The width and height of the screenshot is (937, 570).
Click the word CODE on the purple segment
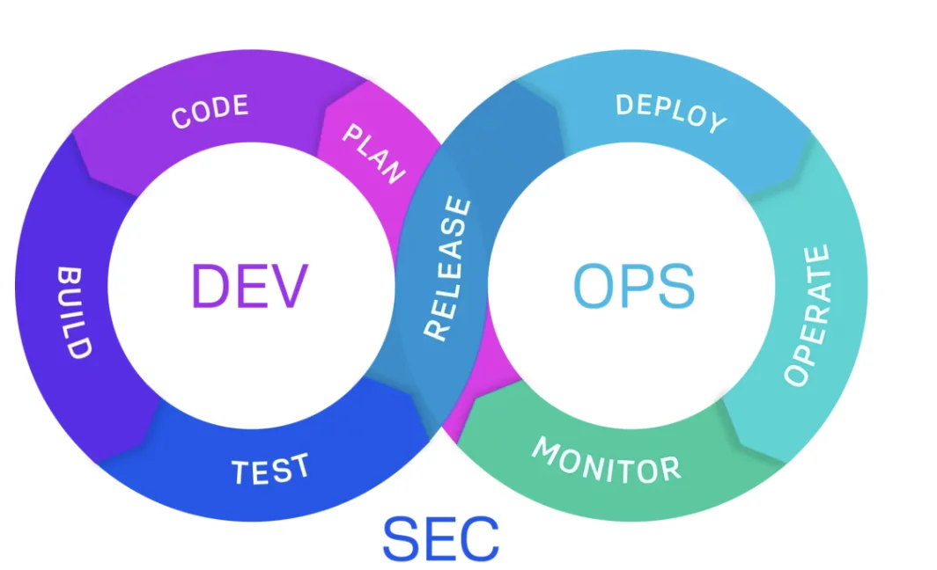coord(210,112)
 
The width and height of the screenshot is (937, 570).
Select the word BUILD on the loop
coord(74,311)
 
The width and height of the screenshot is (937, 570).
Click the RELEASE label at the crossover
coord(448,268)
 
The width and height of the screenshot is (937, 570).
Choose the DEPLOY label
coord(671,113)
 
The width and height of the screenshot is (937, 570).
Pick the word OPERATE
coord(808,315)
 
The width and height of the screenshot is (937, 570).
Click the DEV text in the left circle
coord(250,287)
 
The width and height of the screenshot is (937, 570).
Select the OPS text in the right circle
coord(633,287)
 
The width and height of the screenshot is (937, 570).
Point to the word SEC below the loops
coord(440,538)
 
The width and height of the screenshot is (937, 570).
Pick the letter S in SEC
coord(401,538)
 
